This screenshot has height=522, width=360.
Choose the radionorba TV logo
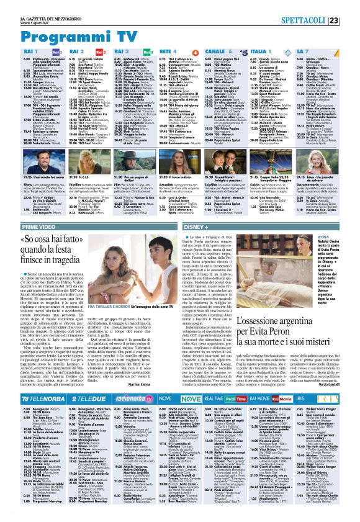click(133, 367)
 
